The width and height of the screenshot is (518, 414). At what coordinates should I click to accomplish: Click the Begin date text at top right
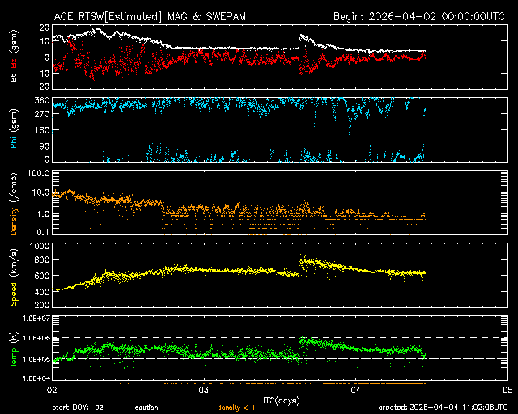click(420, 16)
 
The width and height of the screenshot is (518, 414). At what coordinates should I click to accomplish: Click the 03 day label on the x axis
click(204, 390)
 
